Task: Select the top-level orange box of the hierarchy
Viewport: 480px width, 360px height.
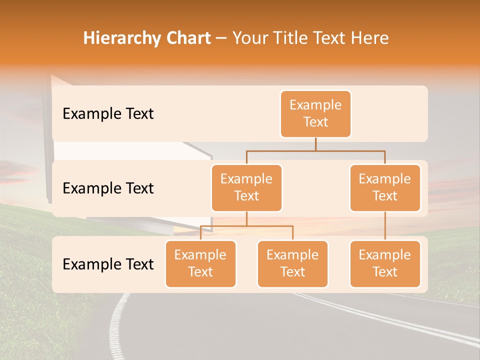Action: click(x=315, y=114)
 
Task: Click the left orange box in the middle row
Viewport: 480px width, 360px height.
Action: click(x=246, y=188)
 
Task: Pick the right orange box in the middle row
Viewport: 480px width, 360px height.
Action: click(x=385, y=188)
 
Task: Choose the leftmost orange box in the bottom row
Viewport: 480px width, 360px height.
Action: click(x=200, y=264)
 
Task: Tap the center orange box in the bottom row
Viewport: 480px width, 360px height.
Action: click(x=292, y=264)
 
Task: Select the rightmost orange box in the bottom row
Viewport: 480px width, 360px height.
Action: click(x=385, y=264)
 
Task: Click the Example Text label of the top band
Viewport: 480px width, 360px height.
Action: click(x=108, y=114)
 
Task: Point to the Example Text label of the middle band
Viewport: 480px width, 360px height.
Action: click(x=108, y=188)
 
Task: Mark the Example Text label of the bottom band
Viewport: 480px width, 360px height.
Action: click(x=108, y=264)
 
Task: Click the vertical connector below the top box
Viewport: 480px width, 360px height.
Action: click(x=315, y=144)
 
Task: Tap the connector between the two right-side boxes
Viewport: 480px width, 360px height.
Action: click(x=385, y=225)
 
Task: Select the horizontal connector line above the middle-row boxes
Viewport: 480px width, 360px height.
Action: click(x=315, y=150)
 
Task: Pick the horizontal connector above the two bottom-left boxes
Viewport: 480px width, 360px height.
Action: click(x=246, y=226)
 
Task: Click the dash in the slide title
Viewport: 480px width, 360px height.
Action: click(x=221, y=38)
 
